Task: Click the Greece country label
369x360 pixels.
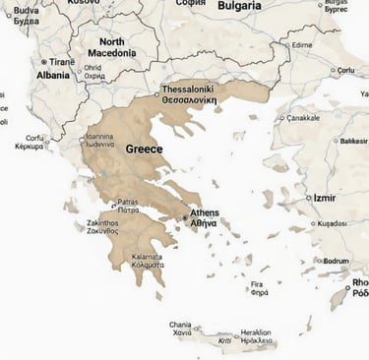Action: (x=145, y=149)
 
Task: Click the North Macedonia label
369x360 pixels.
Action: (x=112, y=48)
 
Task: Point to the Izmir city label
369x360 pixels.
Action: (x=324, y=198)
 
